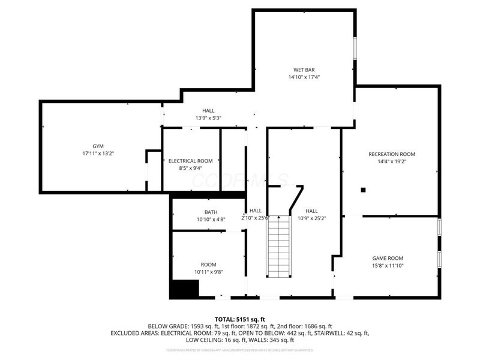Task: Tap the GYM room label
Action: (98, 146)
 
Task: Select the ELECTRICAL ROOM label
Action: (190, 161)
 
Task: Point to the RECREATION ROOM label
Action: (391, 154)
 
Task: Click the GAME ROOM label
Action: (387, 258)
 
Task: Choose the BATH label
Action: (211, 212)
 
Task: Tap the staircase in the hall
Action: (279, 246)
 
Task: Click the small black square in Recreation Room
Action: (363, 190)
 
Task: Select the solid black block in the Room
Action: (184, 290)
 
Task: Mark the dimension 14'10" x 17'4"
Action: (304, 77)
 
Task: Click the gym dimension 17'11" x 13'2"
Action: (98, 154)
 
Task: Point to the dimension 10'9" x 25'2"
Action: (311, 218)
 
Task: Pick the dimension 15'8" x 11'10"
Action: (387, 266)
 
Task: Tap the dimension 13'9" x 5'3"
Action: (208, 118)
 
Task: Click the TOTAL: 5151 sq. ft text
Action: (240, 319)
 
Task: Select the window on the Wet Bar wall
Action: (355, 48)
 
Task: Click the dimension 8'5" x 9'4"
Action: (190, 169)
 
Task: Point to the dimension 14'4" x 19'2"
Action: (391, 162)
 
